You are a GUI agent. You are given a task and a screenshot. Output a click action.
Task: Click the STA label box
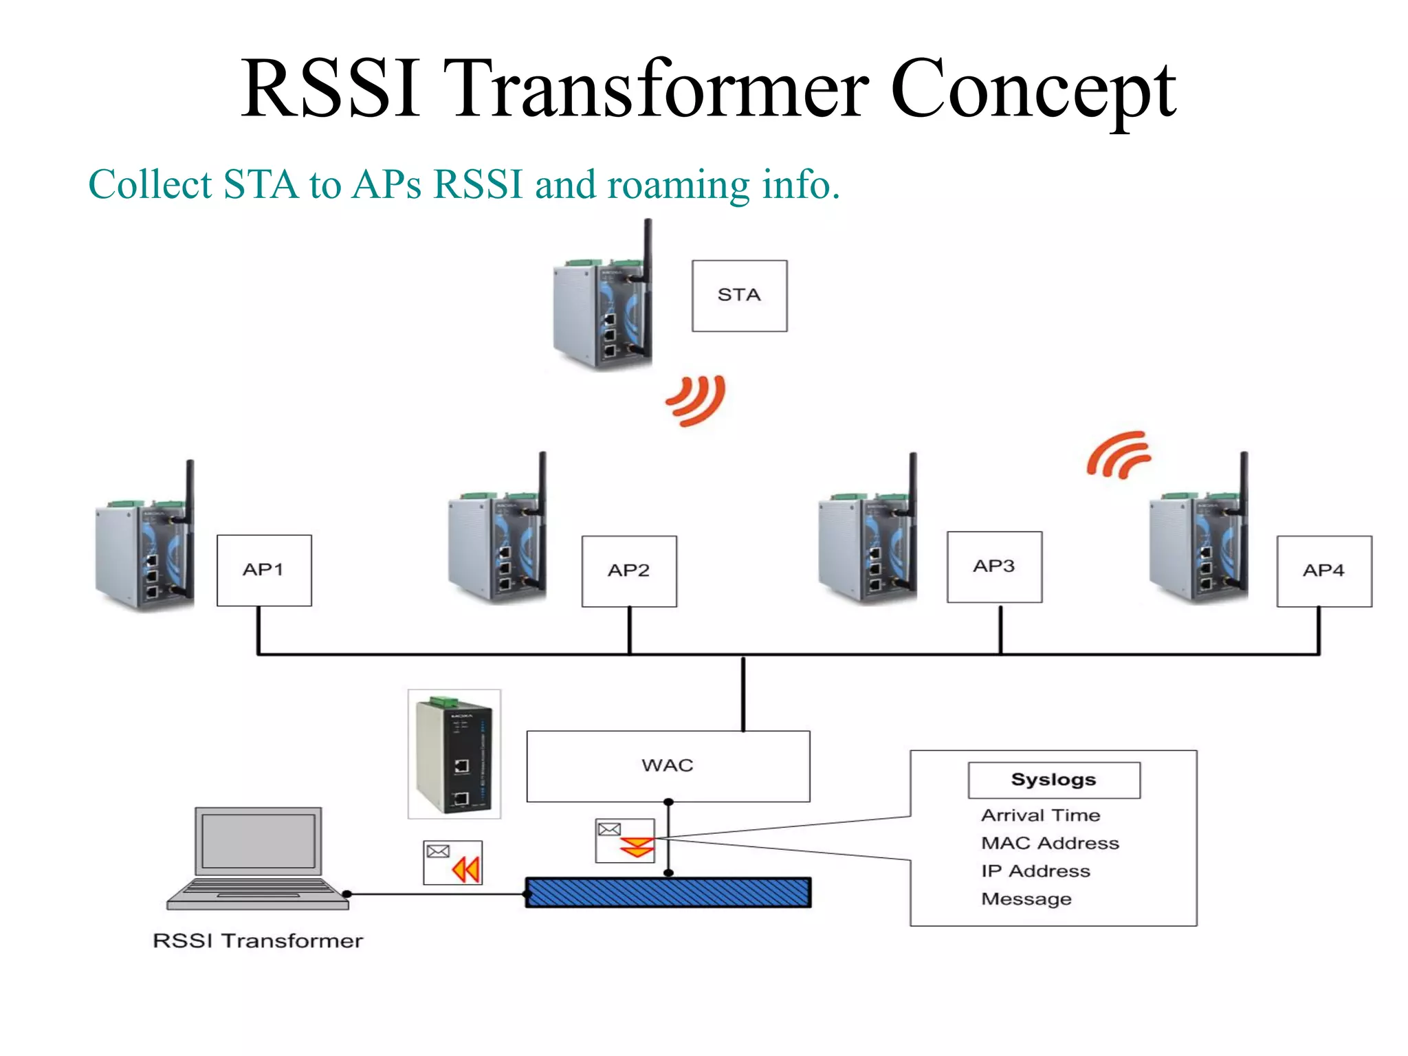pyautogui.click(x=739, y=296)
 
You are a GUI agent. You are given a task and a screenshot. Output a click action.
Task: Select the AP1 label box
pyautogui.click(x=264, y=570)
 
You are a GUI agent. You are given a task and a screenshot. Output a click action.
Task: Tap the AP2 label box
pyautogui.click(x=629, y=571)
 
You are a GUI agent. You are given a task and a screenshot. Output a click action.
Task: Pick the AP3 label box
pyautogui.click(x=994, y=566)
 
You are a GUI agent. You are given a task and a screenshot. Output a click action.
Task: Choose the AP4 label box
pyautogui.click(x=1324, y=571)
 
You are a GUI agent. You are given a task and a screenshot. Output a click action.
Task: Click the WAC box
pyautogui.click(x=668, y=766)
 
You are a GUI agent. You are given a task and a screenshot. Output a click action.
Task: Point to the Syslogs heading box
pyautogui.click(x=1053, y=780)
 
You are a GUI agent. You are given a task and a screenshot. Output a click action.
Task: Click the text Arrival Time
pyautogui.click(x=1040, y=815)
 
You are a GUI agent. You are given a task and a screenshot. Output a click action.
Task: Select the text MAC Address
pyautogui.click(x=1050, y=843)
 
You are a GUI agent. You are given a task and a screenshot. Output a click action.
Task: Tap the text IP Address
pyautogui.click(x=1035, y=871)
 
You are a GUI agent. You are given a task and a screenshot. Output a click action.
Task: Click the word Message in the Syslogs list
pyautogui.click(x=1026, y=899)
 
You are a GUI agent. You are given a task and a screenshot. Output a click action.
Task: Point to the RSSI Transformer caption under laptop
pyautogui.click(x=258, y=940)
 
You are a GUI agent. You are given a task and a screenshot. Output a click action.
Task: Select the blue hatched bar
pyautogui.click(x=668, y=892)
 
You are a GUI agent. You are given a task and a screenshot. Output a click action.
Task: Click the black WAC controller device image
pyautogui.click(x=454, y=754)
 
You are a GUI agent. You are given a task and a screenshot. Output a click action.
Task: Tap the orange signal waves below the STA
pyautogui.click(x=696, y=400)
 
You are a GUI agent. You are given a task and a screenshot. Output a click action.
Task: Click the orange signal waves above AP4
pyautogui.click(x=1119, y=454)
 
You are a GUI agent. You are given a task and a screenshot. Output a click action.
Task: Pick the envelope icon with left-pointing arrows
pyautogui.click(x=452, y=862)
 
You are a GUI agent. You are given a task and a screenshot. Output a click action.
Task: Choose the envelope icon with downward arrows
pyautogui.click(x=625, y=840)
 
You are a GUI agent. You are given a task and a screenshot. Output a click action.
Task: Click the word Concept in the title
pyautogui.click(x=1033, y=89)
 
